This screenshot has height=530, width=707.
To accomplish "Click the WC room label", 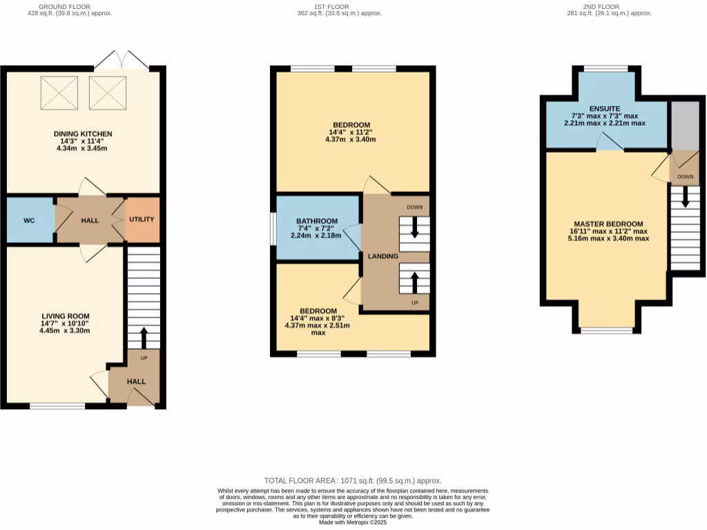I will (x=29, y=220).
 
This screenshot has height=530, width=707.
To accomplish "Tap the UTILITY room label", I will (x=142, y=219).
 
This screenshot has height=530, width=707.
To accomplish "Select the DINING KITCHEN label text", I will (x=83, y=133).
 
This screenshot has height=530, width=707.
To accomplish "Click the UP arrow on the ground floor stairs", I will (x=144, y=338).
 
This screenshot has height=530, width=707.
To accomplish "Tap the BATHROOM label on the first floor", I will (x=318, y=222).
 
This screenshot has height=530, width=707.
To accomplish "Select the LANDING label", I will (x=382, y=256).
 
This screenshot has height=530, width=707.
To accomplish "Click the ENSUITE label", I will (x=605, y=108).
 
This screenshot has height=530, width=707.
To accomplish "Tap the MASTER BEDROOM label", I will (x=606, y=224).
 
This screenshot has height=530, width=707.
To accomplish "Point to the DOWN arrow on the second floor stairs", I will (x=685, y=197).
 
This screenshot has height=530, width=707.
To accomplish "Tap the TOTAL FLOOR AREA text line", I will (x=353, y=480).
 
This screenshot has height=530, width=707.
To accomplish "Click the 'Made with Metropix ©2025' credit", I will (x=353, y=522).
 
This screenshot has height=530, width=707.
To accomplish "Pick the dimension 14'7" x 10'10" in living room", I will (x=65, y=323).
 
